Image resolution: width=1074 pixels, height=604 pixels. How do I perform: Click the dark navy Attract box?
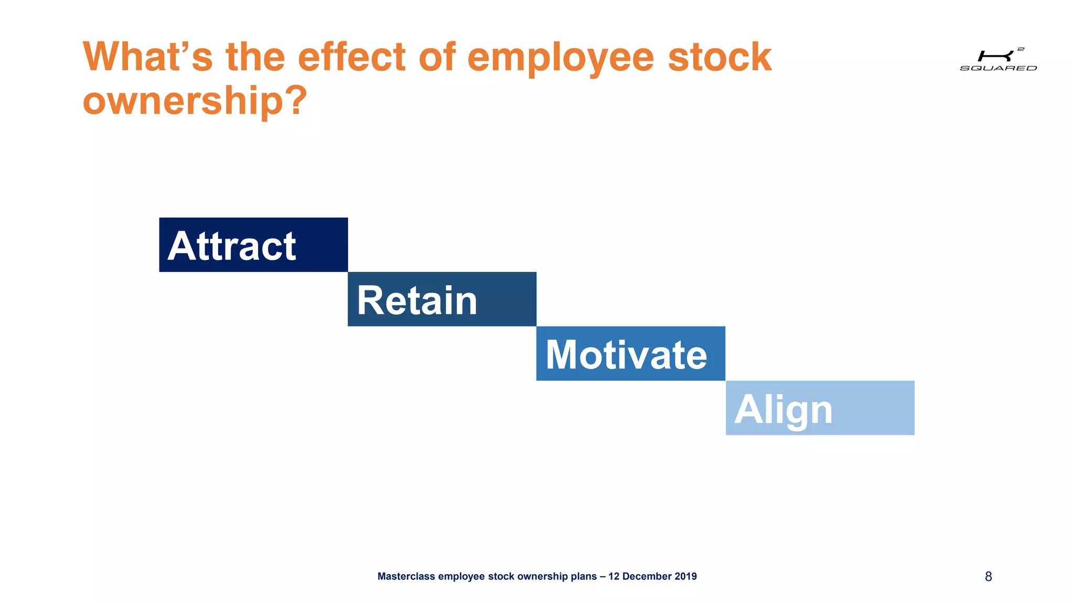click(253, 245)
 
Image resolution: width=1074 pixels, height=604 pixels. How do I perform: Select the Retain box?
click(442, 299)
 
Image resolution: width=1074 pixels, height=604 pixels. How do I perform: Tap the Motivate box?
click(630, 354)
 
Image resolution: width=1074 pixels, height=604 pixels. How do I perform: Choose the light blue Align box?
click(820, 408)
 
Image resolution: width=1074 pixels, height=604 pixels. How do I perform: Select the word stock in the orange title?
click(719, 57)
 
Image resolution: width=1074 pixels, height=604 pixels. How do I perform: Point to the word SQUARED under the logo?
click(998, 68)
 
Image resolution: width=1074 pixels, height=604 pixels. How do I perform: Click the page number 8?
click(988, 577)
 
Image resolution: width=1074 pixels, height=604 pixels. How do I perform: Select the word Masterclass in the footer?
click(406, 577)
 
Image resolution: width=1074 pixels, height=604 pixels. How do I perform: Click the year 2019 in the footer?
click(685, 577)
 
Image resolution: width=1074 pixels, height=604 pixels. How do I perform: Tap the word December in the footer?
click(647, 577)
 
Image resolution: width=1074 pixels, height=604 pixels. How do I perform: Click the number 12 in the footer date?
click(614, 577)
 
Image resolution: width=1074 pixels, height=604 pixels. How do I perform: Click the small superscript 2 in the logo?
click(1021, 49)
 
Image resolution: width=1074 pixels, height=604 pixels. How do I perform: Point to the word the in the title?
click(255, 57)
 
